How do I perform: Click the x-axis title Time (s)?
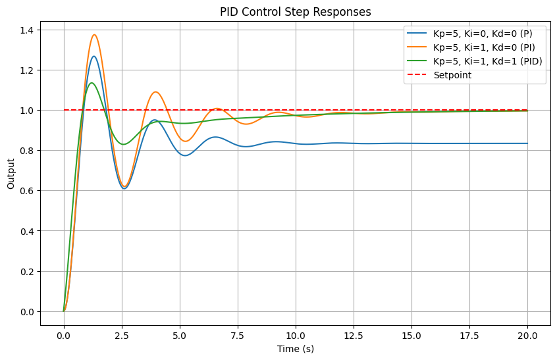(295, 349)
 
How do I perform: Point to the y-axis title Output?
(11, 174)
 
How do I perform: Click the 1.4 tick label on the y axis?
(28, 30)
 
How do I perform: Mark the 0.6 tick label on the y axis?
(28, 191)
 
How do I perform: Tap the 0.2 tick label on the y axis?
(28, 272)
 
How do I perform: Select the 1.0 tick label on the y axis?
(28, 111)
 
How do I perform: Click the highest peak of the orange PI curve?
(95, 35)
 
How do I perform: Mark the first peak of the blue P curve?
(93, 57)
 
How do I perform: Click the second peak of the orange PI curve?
(155, 92)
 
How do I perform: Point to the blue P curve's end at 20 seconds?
(527, 143)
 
